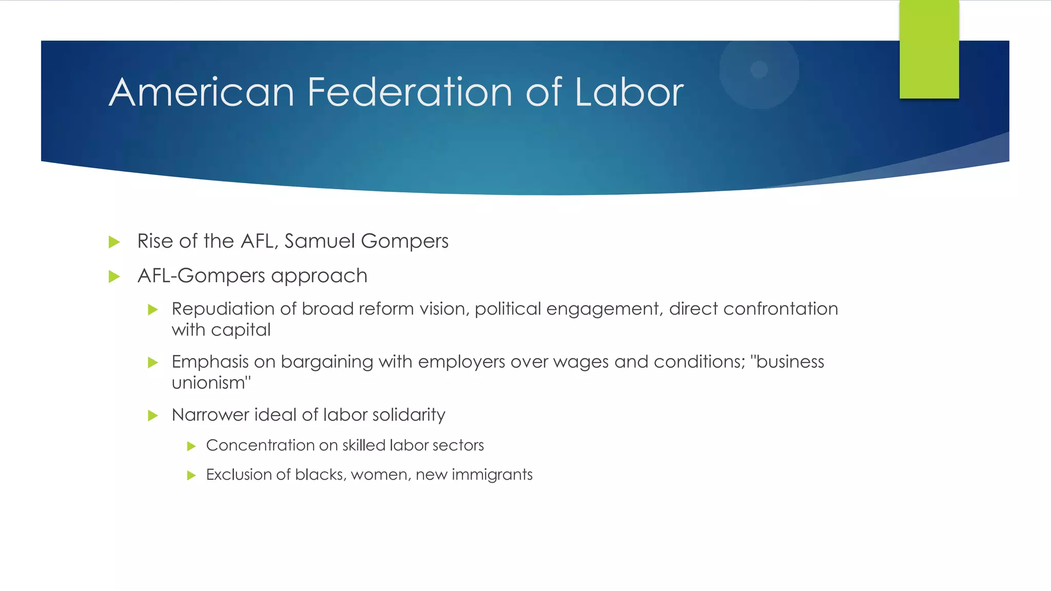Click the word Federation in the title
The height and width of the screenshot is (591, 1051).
410,92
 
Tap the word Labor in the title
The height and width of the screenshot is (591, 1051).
629,92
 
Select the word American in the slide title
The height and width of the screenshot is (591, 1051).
202,92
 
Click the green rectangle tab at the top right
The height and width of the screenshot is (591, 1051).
929,49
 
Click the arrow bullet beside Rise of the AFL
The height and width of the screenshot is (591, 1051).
114,242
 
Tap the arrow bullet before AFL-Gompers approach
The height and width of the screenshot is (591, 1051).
114,277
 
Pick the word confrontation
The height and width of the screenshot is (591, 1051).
781,309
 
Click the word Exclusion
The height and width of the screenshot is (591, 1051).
238,475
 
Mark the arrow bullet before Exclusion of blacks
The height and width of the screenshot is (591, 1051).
192,476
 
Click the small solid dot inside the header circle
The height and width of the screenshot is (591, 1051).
759,69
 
